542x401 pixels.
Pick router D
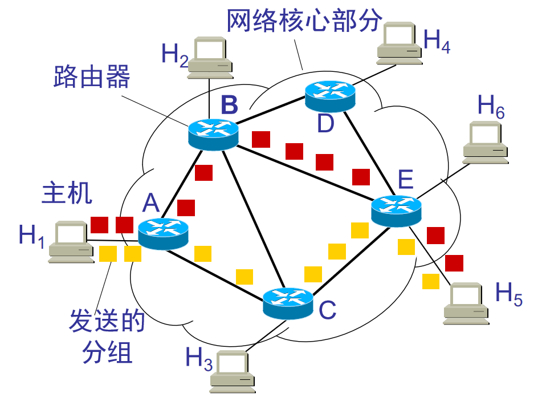coord(330,95)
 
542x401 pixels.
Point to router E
coord(396,210)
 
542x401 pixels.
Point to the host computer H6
coord(486,141)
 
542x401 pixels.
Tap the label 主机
coord(67,194)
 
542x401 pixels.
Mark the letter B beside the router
coord(229,105)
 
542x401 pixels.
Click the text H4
coord(437,40)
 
